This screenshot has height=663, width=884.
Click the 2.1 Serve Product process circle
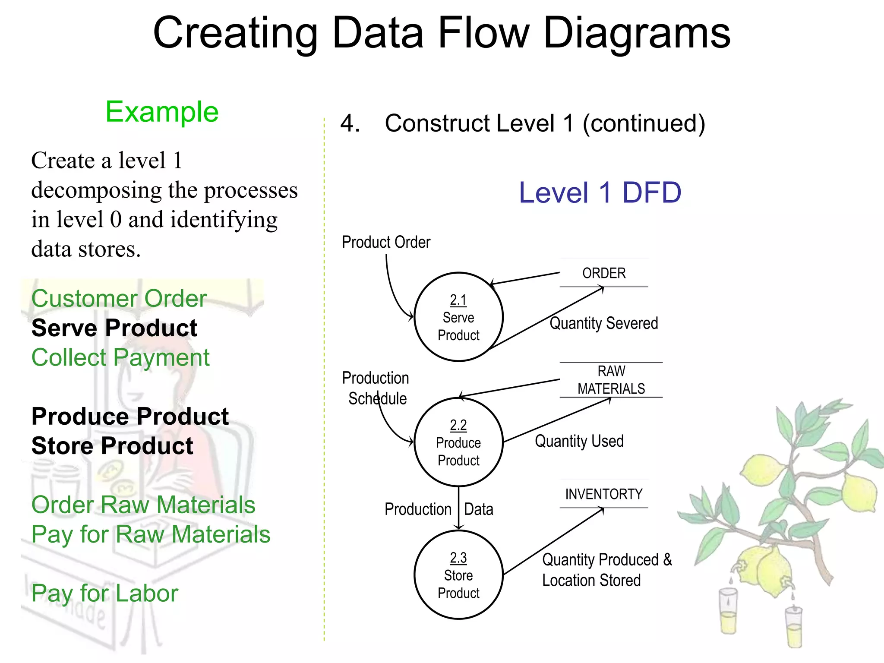458,317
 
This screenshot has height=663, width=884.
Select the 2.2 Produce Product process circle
458,442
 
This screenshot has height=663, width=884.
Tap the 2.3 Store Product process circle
458,575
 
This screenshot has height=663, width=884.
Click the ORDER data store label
604,273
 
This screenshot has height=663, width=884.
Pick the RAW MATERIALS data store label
611,380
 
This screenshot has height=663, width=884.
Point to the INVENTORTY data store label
604,494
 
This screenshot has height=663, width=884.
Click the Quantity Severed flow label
603,323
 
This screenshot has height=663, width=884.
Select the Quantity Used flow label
579,441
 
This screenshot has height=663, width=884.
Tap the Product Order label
386,243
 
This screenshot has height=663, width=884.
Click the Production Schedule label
376,388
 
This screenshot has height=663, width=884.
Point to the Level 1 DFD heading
600,193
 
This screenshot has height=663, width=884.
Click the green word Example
162,112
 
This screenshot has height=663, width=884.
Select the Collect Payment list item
120,357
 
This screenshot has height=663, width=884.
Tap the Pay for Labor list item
104,593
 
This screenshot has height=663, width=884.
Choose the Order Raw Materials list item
143,505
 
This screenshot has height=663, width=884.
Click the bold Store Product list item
112,446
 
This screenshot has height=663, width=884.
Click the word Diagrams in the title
637,33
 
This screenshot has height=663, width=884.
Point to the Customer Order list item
119,298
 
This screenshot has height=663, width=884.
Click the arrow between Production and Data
458,508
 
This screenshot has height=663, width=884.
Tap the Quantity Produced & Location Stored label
606,570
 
